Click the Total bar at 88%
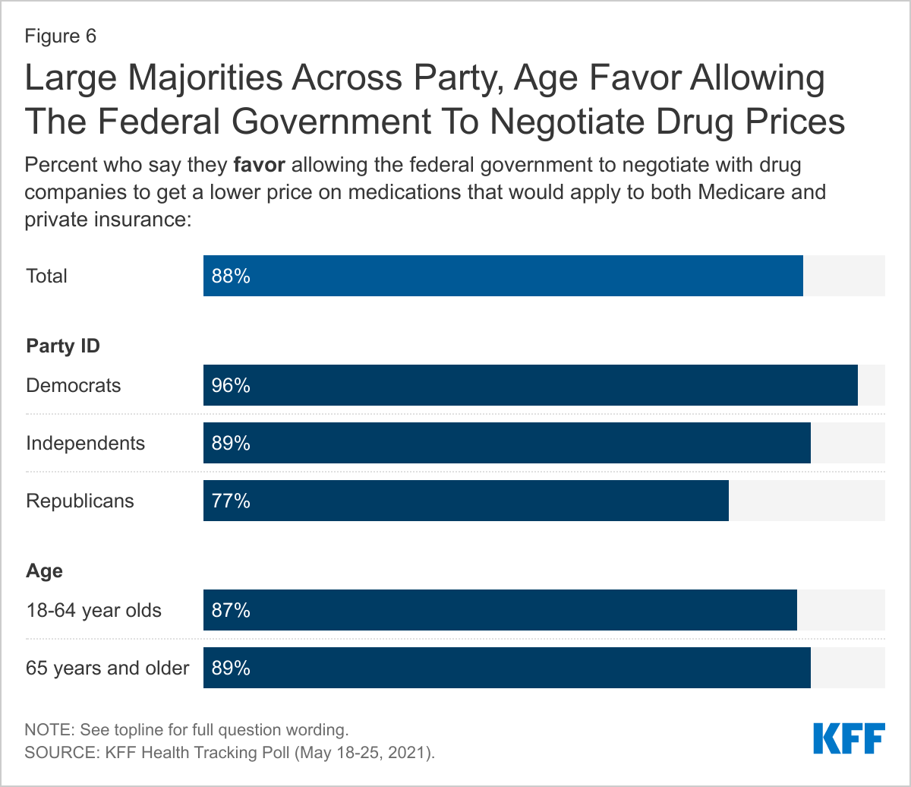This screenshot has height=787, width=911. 503,276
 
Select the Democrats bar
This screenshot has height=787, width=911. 530,385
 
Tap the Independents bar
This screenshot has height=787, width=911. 506,443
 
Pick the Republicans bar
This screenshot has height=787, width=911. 465,501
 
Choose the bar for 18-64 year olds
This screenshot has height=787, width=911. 500,610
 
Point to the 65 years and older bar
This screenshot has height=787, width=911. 506,668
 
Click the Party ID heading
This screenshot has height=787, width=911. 63,346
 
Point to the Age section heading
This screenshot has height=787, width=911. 44,570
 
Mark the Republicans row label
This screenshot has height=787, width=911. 80,501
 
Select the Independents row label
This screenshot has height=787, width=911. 85,443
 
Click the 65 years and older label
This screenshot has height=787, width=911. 107,668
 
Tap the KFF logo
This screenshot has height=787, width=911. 849,738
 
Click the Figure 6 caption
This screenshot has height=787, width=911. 61,36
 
